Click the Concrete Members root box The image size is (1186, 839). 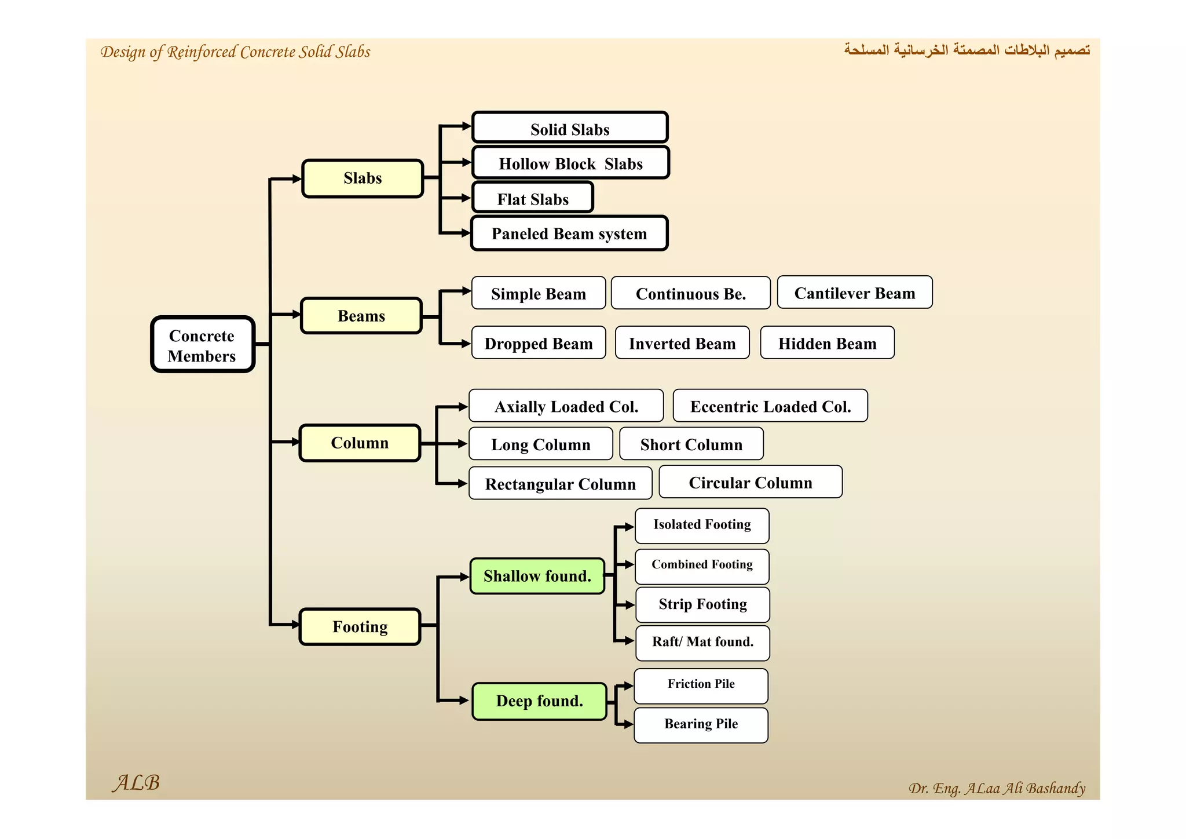click(x=203, y=344)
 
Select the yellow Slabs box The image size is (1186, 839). click(x=363, y=178)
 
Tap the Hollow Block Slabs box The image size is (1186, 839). click(x=570, y=163)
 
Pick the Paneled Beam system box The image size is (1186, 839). click(x=569, y=234)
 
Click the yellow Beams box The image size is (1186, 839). click(x=361, y=316)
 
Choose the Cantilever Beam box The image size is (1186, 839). click(x=854, y=293)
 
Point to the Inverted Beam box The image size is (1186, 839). click(x=682, y=343)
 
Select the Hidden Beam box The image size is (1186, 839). click(x=827, y=343)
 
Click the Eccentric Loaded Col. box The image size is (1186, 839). click(x=770, y=406)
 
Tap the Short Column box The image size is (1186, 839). click(x=691, y=444)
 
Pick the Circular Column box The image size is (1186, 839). click(x=751, y=482)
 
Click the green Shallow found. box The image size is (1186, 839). click(x=537, y=576)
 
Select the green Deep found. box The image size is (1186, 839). click(x=539, y=701)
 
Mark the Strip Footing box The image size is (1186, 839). click(x=702, y=604)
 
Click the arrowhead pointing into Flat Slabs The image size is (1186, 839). click(x=466, y=198)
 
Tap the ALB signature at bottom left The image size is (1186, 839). click(x=136, y=783)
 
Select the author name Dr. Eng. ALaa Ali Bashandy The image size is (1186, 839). click(x=996, y=788)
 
